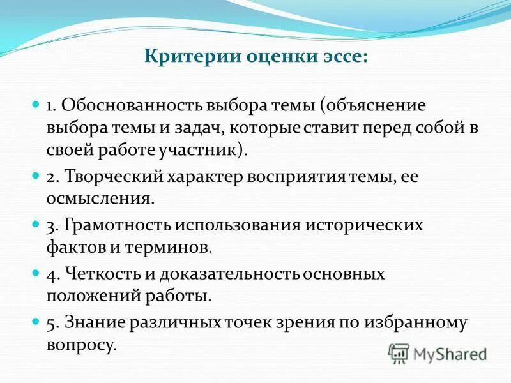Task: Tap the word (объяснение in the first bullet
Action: tap(371, 105)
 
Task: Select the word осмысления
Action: tap(98, 199)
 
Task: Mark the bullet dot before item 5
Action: tap(36, 322)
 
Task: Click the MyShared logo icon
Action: tap(399, 353)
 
